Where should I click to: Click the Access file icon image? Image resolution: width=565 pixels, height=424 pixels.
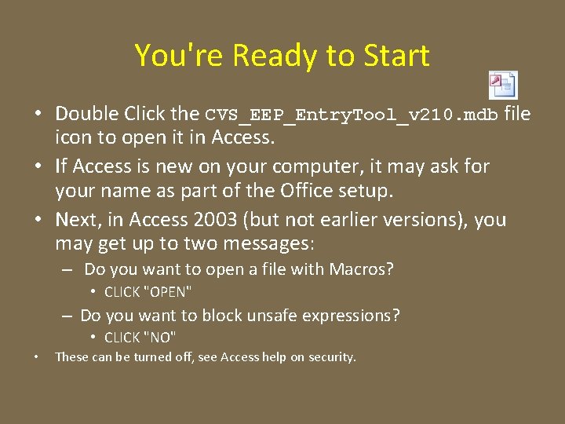coord(503,84)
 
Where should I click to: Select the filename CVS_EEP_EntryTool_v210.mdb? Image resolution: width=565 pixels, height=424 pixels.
coord(351,115)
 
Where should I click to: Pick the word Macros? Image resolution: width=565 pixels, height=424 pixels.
coord(361,269)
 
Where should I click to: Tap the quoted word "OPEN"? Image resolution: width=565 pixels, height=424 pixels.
coord(169,292)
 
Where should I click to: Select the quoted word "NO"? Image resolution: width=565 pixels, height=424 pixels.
coord(161,338)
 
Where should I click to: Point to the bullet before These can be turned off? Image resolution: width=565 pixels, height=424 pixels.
coord(38,357)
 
